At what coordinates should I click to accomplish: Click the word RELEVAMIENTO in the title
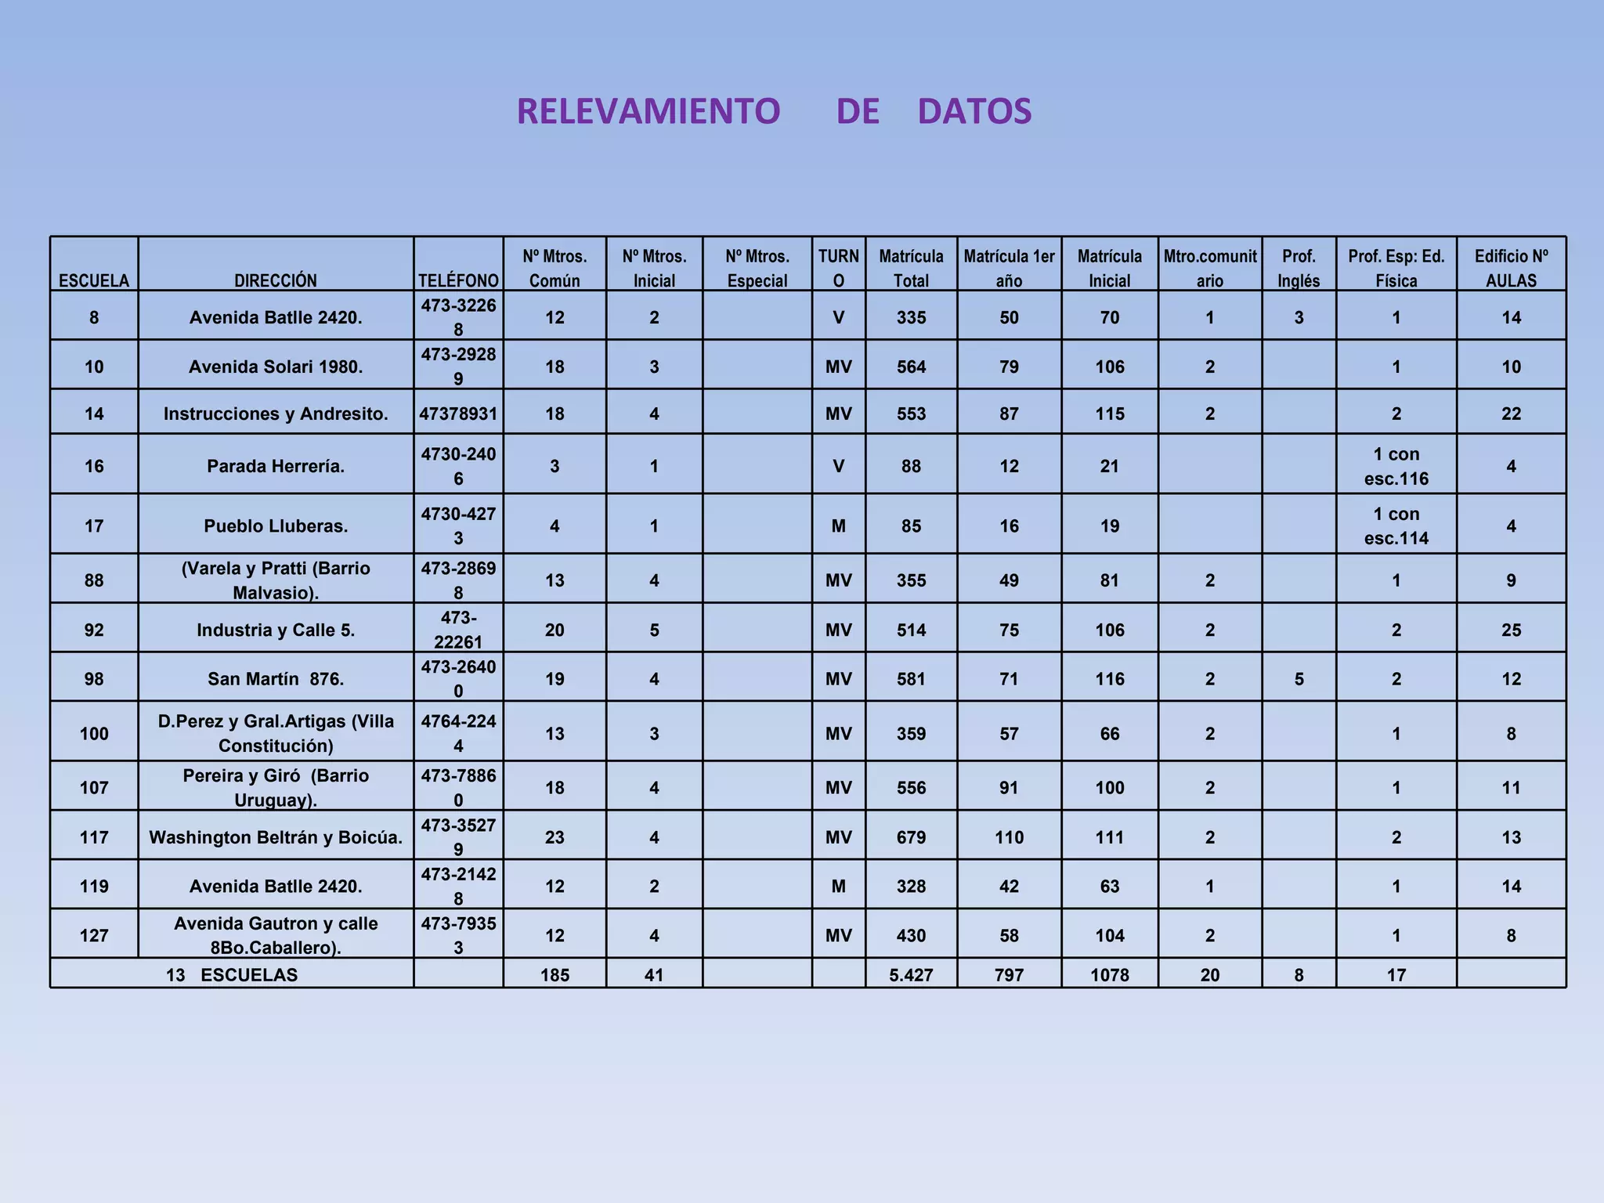coord(648,111)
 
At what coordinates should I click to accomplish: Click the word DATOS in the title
coord(974,111)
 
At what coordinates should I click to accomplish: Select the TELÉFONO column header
coord(458,280)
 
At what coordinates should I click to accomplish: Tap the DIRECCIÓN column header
coord(276,280)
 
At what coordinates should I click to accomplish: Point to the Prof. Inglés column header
coord(1299,268)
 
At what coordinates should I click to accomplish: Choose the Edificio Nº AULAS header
coord(1511,268)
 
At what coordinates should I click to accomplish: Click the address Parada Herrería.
coord(276,466)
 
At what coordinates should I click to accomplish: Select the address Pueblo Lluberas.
coord(276,526)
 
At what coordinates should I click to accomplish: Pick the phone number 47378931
coord(458,414)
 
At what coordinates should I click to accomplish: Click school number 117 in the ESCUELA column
coord(94,837)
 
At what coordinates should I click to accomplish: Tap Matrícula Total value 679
coord(911,837)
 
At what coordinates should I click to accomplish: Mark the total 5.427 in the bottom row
coord(911,975)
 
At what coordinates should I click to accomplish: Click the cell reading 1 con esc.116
coord(1396,466)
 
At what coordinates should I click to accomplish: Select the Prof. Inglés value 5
coord(1299,679)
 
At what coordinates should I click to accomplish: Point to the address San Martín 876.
coord(276,679)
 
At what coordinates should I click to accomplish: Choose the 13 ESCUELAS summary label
coord(232,975)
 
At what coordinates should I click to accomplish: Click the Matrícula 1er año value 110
coord(1009,837)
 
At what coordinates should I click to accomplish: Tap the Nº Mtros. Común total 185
coord(555,975)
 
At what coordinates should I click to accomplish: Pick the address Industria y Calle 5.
coord(276,630)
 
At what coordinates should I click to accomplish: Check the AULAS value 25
coord(1511,630)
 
